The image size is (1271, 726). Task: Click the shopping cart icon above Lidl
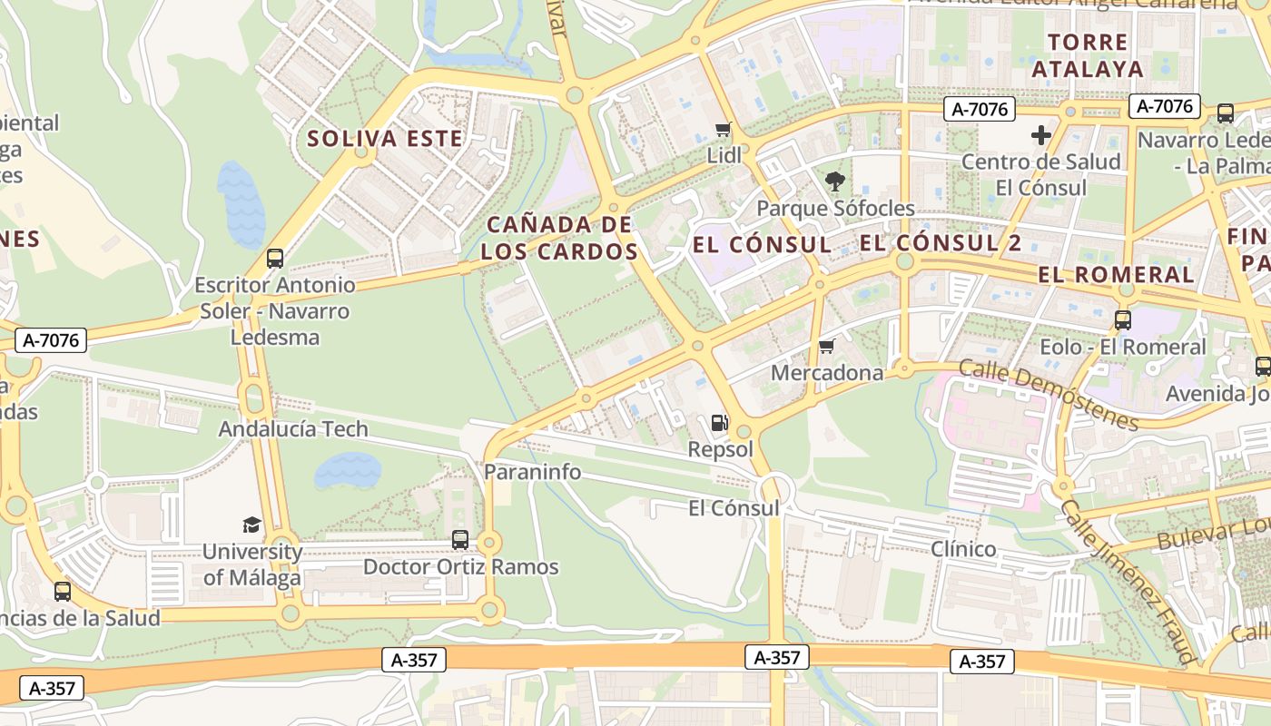coord(723,130)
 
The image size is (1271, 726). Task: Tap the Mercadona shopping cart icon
coord(826,347)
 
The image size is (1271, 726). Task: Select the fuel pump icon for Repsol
coord(719,422)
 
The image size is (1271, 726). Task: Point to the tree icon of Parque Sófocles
coord(834,181)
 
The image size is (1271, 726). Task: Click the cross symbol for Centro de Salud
coord(1040,136)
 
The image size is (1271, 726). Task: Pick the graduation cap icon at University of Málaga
coord(251,525)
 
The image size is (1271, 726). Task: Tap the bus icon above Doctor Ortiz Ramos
coord(460,540)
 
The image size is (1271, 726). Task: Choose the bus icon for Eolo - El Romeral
coord(1123,320)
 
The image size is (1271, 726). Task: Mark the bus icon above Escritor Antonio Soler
coord(275,259)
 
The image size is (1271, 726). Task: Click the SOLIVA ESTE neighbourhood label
coord(385,139)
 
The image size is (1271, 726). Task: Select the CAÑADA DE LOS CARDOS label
coord(559,238)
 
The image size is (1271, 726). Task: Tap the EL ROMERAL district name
coord(1116,274)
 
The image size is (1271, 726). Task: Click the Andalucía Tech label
coord(293,429)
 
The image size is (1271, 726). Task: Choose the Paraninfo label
coord(532,472)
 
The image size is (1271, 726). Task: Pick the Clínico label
coord(963,549)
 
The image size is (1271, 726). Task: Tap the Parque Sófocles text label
coord(835,209)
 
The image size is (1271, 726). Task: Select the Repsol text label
coord(720,449)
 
